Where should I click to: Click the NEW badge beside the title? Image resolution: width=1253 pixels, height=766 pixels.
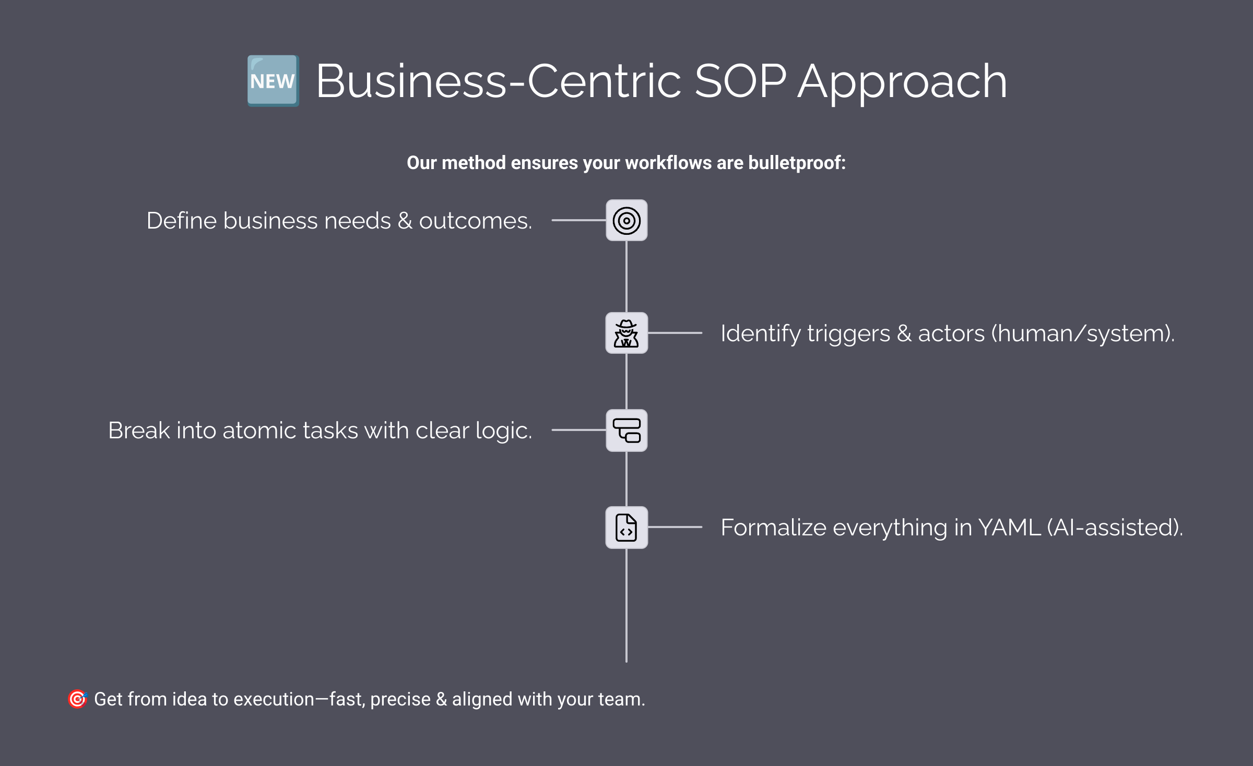click(273, 81)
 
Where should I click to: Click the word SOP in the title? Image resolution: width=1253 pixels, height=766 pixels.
click(740, 81)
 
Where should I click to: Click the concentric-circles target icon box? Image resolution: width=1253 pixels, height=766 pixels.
click(626, 220)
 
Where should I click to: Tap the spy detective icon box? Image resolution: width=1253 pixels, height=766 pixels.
click(626, 333)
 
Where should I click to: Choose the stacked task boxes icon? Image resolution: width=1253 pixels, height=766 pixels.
click(626, 430)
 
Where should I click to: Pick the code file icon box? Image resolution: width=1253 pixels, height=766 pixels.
click(626, 528)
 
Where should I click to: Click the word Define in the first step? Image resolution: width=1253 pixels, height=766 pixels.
click(181, 221)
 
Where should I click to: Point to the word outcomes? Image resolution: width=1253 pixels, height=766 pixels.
click(475, 221)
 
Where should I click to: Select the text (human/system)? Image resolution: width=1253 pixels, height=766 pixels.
click(1083, 333)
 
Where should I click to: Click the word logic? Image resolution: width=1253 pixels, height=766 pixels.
click(504, 431)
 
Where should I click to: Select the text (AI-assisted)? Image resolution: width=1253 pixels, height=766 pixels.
click(1115, 528)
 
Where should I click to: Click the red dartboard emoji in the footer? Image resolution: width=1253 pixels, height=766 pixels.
click(77, 699)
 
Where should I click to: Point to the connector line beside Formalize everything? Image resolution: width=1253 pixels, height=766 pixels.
click(675, 527)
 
